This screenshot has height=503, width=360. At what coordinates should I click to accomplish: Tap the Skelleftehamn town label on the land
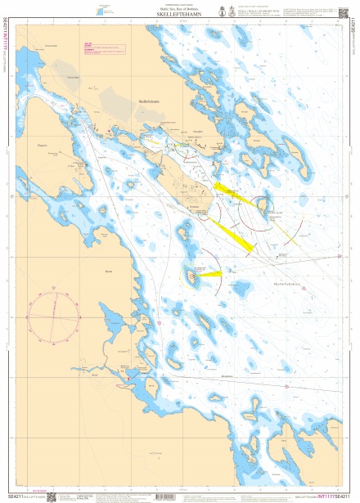pos(148,102)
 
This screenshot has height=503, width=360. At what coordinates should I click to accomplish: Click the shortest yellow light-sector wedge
pos(209,276)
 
